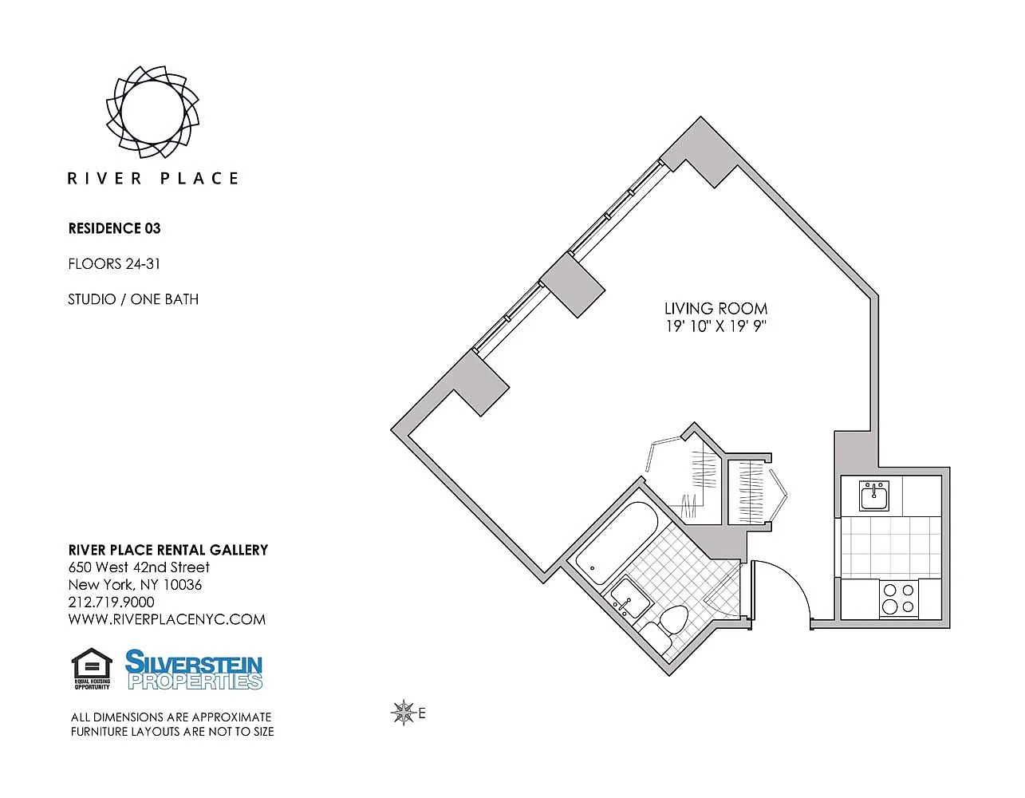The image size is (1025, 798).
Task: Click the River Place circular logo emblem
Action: pos(152,112)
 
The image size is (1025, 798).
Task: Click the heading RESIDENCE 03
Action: pos(115,228)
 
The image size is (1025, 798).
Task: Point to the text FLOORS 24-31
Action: pos(114,264)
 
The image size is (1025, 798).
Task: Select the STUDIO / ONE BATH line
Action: pos(133,299)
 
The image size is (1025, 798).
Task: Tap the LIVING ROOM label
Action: pos(716,309)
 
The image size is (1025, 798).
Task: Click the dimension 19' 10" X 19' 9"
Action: pos(716,326)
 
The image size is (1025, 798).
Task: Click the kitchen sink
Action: pos(874,496)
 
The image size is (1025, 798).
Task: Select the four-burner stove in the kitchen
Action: pos(898,598)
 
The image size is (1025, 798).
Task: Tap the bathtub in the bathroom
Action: pos(617,543)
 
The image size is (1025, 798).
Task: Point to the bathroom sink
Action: pos(630,598)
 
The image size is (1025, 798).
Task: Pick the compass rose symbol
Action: pos(404,712)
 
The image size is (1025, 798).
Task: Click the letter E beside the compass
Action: pos(422,713)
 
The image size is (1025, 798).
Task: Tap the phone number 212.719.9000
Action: pos(112,602)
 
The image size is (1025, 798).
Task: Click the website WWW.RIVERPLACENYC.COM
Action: pos(167,619)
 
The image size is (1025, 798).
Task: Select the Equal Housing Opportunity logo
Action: pos(92,669)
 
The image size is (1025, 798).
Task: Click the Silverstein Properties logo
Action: pos(194,670)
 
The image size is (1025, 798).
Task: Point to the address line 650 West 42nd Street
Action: pos(139,567)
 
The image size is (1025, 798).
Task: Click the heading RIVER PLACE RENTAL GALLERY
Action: pos(168,550)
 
